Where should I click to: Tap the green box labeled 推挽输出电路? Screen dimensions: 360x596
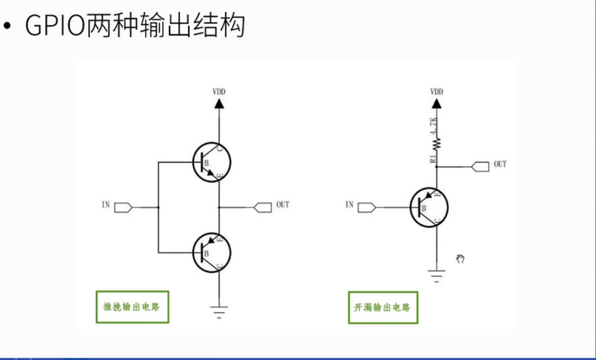pyautogui.click(x=132, y=307)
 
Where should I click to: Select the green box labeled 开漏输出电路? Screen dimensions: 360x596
pyautogui.click(x=382, y=308)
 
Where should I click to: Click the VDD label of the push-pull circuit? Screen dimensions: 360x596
pyautogui.click(x=219, y=92)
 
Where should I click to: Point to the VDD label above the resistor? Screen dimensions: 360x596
pyautogui.click(x=437, y=92)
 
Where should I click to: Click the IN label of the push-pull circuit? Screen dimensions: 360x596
pyautogui.click(x=106, y=205)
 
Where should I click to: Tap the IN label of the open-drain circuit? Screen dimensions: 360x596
pyautogui.click(x=349, y=205)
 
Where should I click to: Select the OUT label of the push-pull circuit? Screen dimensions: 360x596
pyautogui.click(x=282, y=205)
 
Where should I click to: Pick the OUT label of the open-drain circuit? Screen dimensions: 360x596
pyautogui.click(x=500, y=164)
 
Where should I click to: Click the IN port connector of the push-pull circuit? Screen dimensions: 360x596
pyautogui.click(x=123, y=207)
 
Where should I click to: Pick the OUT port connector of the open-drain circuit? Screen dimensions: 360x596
pyautogui.click(x=481, y=167)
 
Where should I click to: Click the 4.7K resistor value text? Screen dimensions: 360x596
pyautogui.click(x=433, y=125)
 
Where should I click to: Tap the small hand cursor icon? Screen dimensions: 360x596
pyautogui.click(x=460, y=259)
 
